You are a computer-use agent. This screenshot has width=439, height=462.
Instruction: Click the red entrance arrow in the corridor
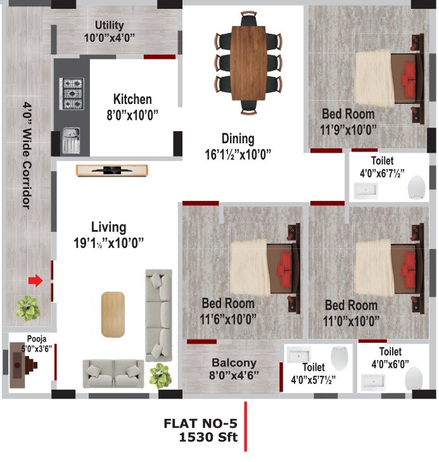[35, 280]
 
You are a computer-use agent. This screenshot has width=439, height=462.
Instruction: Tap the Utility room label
[110, 25]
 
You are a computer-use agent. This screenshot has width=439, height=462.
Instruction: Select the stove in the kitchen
[72, 93]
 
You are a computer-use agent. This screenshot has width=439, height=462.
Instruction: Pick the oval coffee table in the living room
[113, 314]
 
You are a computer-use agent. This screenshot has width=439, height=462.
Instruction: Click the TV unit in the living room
[111, 170]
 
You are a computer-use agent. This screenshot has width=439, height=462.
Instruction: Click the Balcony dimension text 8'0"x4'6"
[234, 375]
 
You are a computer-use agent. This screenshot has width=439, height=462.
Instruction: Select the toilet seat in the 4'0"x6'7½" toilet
[416, 187]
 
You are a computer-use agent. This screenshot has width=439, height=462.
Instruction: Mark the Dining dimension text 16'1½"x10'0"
[238, 153]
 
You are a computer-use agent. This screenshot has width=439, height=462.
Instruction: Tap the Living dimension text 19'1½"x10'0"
[109, 241]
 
